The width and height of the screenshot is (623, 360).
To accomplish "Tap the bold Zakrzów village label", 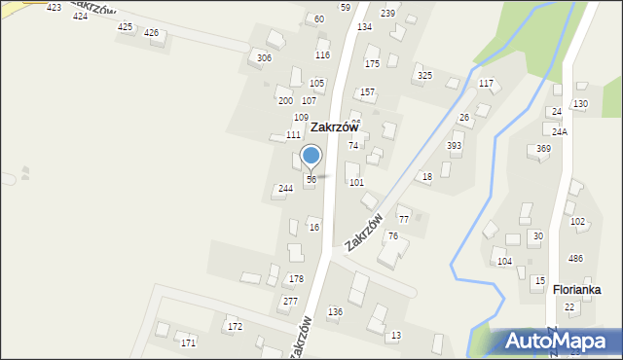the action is pos(335,127).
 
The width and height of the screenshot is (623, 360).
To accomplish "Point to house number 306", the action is pos(264,58).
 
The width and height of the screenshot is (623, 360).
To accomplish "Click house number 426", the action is pos(151,33).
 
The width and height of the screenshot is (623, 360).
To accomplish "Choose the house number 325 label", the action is pos(424,75).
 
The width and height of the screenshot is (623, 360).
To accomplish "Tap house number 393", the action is pos(454,145).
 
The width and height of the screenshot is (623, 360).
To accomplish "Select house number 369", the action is pos(543,149).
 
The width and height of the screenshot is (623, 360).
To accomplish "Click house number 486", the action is pos(576,258).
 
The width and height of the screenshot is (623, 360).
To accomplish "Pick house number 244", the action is pos(285,189).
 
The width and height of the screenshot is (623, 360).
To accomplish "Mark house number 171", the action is pos(188,343).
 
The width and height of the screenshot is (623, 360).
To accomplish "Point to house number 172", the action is pos(235,326).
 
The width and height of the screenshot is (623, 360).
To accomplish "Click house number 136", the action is pos(335,311).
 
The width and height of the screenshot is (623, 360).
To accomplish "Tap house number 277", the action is pos(290,302).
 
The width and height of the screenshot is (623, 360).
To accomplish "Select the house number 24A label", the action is pos(560,131).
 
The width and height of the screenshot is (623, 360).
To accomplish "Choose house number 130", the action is pos(580,103).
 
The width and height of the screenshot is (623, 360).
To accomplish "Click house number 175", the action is pos(372,63).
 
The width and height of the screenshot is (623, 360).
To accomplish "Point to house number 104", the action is pos(504,262).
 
